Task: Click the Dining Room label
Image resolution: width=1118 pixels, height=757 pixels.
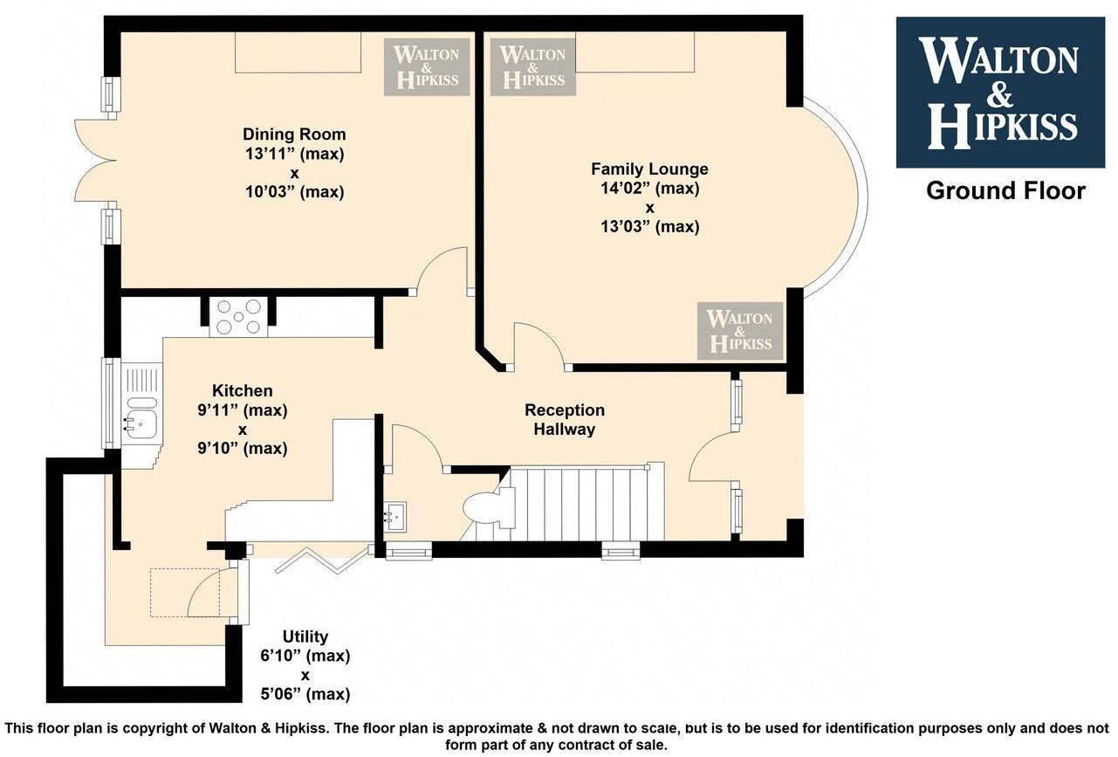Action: click(x=294, y=134)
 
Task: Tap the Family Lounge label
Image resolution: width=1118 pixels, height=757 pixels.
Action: click(x=649, y=169)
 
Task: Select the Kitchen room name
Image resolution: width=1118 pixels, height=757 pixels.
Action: click(x=243, y=390)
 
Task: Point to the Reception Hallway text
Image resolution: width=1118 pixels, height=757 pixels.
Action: click(x=565, y=420)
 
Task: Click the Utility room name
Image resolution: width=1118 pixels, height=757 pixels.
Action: click(x=305, y=637)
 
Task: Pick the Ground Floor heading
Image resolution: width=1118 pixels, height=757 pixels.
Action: click(x=1005, y=191)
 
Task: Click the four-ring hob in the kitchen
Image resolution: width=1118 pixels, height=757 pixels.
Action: click(x=238, y=318)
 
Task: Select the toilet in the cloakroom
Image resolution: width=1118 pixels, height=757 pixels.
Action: click(x=489, y=507)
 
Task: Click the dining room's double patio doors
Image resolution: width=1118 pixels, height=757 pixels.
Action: click(x=96, y=161)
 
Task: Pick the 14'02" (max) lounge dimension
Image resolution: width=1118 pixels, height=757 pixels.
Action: click(x=649, y=189)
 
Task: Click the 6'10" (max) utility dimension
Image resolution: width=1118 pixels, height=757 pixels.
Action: click(x=305, y=656)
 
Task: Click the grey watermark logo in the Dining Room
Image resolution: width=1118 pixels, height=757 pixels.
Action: click(x=427, y=67)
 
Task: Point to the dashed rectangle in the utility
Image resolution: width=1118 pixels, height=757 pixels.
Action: click(x=185, y=593)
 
